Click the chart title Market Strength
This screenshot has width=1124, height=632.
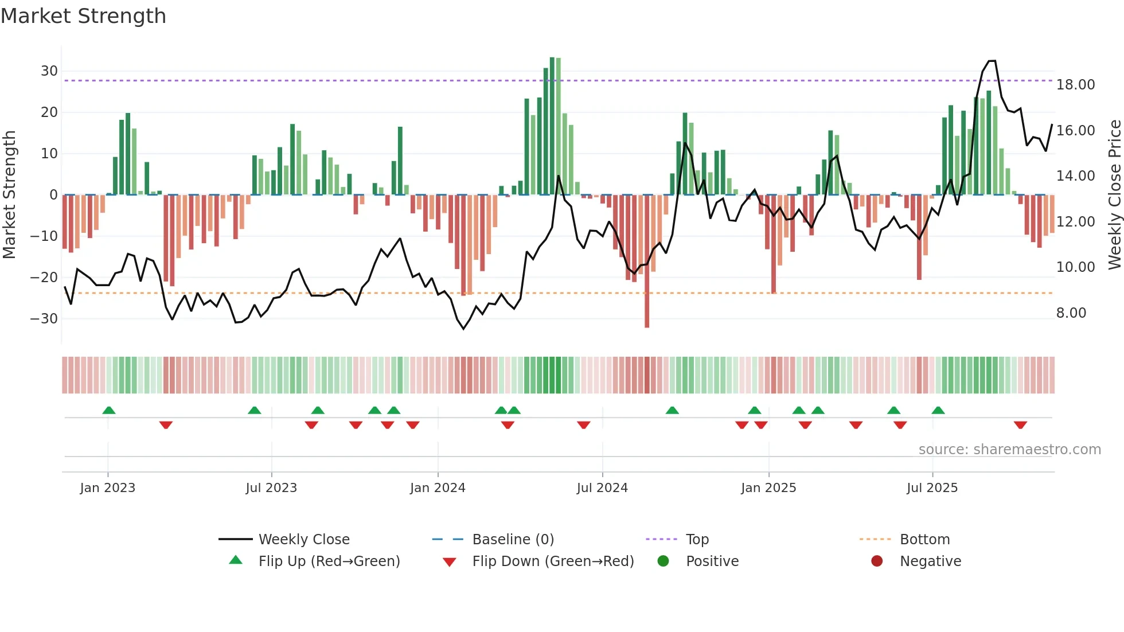84,16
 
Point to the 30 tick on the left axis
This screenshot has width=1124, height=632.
49,71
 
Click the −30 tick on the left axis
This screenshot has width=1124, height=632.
45,319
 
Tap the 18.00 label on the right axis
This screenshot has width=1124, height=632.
1076,85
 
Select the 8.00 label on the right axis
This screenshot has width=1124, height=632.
1071,313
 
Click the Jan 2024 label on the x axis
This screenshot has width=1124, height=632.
438,488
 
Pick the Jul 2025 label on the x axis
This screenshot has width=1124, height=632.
932,488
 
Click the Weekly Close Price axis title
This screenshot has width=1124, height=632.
1114,195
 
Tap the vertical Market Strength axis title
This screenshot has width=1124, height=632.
9,195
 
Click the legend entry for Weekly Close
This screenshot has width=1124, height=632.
303,540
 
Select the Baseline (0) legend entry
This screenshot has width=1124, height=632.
513,540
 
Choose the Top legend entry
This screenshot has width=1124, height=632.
697,540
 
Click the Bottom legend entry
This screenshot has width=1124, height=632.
924,540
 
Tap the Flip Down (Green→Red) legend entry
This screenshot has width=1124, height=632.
553,561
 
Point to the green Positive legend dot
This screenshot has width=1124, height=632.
664,561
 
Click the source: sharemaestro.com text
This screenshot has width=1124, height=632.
1009,450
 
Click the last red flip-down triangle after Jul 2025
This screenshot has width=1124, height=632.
1020,425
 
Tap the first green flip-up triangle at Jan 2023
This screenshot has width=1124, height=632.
109,410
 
